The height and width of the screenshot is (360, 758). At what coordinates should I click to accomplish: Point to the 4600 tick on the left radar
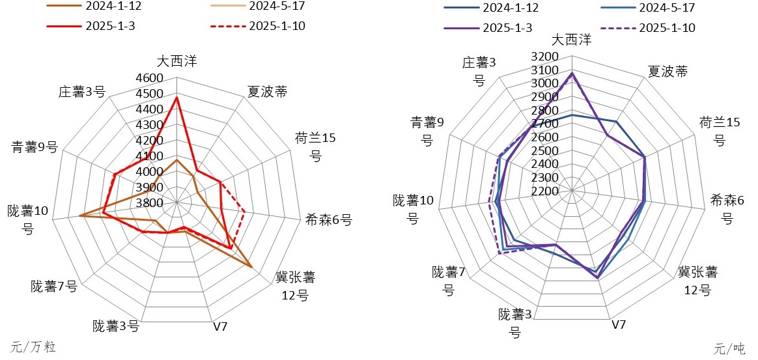(x=150, y=78)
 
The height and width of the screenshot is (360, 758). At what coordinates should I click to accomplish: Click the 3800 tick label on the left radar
(x=150, y=203)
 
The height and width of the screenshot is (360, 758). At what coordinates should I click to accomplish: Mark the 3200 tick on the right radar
(x=545, y=57)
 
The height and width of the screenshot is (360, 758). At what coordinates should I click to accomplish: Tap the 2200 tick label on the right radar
(x=545, y=191)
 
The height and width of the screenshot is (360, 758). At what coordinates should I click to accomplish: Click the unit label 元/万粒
(x=34, y=347)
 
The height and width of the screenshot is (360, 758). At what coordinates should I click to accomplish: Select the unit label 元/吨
(x=729, y=348)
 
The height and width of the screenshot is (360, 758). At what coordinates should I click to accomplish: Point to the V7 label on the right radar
(x=619, y=324)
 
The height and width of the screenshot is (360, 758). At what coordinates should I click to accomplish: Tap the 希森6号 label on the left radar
(x=328, y=220)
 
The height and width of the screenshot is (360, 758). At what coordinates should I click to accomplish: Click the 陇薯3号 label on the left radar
(x=116, y=325)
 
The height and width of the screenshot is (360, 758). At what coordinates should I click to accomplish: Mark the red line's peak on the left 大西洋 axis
(x=176, y=98)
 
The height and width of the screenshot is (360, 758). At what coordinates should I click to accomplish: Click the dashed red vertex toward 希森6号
(x=244, y=211)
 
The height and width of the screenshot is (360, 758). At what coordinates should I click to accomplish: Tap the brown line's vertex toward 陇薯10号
(x=79, y=215)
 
